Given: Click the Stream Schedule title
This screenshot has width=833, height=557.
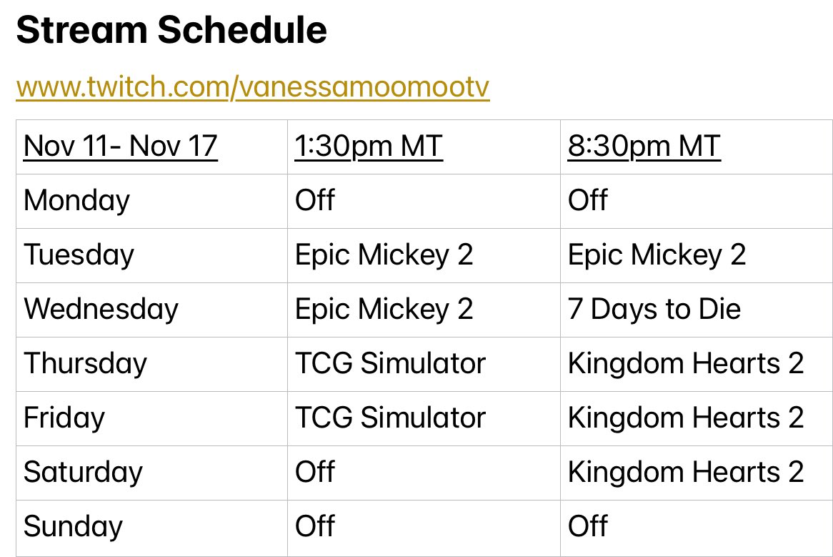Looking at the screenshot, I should [x=171, y=31].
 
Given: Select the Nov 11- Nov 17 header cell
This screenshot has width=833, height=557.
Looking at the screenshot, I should [x=120, y=147].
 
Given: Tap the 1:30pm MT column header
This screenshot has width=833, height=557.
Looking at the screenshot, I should [x=369, y=147].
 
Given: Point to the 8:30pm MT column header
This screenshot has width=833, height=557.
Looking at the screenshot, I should [x=644, y=147].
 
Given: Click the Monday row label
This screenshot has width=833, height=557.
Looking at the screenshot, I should [x=76, y=201].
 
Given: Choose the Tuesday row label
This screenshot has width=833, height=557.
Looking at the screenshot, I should [x=79, y=255].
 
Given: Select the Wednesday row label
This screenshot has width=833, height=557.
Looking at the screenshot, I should [x=101, y=310].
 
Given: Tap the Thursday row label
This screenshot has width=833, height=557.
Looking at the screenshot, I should [x=85, y=364].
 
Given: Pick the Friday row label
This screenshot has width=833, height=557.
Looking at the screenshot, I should [x=64, y=418].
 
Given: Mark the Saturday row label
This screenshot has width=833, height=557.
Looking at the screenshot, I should [x=83, y=473].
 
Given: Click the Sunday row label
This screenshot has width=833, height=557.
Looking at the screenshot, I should [x=73, y=527].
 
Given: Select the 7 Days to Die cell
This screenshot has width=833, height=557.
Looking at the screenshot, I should [x=654, y=310].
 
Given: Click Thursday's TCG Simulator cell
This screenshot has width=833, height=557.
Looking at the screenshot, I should [x=390, y=364].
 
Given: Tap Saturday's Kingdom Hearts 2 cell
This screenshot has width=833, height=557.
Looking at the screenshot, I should [x=685, y=473].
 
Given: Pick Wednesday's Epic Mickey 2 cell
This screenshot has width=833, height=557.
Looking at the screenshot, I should [x=384, y=310].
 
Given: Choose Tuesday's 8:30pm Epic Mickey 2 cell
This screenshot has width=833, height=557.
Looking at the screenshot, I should [x=657, y=255].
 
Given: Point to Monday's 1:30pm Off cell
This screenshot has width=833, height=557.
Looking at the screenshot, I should [x=314, y=201].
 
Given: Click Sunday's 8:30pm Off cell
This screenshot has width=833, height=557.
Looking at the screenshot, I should [x=587, y=527].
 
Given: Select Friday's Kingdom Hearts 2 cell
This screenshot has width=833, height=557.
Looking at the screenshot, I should [x=685, y=418].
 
